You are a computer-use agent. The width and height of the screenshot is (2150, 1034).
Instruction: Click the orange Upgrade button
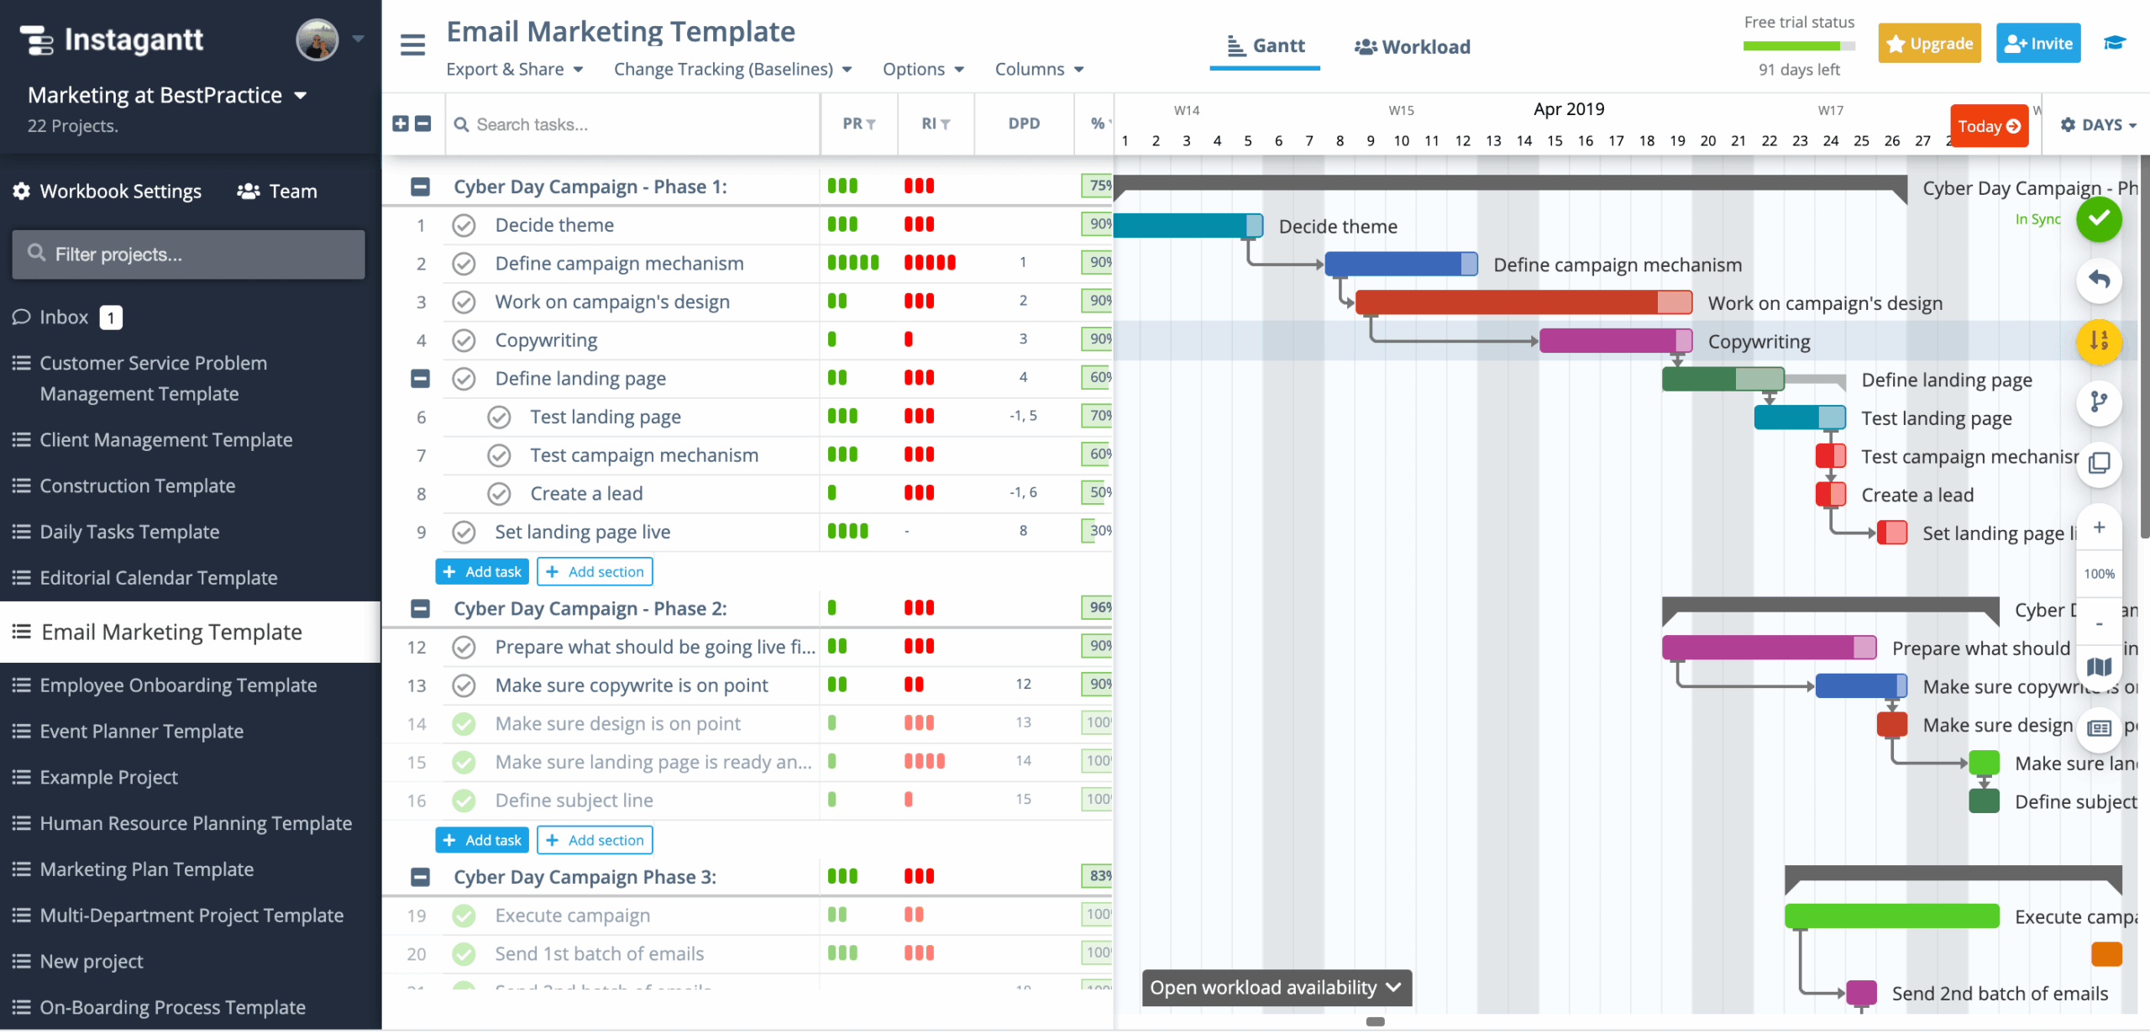point(1929,44)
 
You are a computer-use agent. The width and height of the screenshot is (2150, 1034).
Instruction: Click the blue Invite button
point(2037,44)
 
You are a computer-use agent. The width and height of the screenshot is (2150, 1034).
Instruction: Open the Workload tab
point(1413,47)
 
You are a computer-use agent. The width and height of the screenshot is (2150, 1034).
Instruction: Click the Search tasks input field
point(630,124)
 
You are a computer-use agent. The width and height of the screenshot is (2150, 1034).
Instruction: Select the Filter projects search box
point(189,255)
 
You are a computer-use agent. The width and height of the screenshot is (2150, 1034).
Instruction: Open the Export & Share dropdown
point(514,70)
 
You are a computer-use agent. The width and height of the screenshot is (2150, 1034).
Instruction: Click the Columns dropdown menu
point(1039,70)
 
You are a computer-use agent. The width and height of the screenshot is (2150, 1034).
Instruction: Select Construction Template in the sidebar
point(137,486)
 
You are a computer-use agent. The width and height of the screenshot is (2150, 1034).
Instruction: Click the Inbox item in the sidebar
point(63,317)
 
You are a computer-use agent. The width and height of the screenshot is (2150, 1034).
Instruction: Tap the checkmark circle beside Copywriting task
point(464,340)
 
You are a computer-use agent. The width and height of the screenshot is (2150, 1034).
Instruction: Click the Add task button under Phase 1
point(482,572)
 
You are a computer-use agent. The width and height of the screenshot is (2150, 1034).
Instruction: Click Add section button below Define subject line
point(595,840)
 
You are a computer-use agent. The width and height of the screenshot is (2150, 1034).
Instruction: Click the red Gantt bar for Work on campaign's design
point(1508,302)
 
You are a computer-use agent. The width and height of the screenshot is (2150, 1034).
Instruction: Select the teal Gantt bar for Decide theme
point(1180,225)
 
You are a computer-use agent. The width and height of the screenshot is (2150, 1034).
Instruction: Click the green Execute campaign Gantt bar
point(1890,916)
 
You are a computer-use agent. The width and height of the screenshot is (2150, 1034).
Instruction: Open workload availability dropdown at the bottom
point(1276,988)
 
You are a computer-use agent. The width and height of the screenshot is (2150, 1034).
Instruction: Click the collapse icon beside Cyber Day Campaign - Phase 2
point(420,608)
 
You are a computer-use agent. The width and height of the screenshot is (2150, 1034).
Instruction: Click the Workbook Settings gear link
point(107,192)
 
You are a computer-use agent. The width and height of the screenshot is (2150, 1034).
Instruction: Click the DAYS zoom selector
point(2098,125)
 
